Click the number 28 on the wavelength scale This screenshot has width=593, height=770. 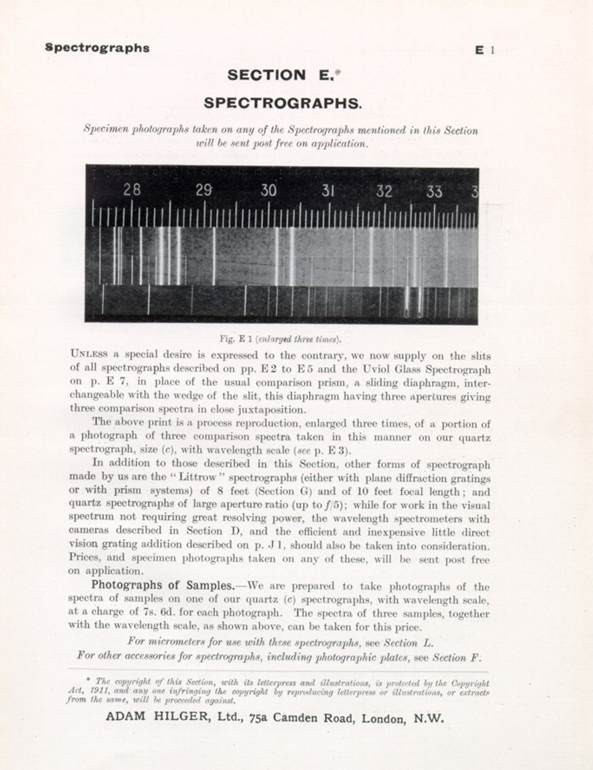[132, 190]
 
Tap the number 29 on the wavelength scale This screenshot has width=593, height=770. [203, 190]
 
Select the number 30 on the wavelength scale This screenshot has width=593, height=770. [268, 191]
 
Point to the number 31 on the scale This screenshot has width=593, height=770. [328, 191]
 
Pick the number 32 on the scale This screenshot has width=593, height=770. [384, 191]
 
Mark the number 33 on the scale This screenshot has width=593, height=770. [434, 191]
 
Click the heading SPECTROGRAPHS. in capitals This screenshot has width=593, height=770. [283, 103]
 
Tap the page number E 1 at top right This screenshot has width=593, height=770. [485, 50]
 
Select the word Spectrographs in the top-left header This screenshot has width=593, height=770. [97, 48]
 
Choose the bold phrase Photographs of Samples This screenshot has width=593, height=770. [163, 585]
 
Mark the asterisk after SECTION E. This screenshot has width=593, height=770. [338, 73]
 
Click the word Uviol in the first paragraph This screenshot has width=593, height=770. [382, 369]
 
